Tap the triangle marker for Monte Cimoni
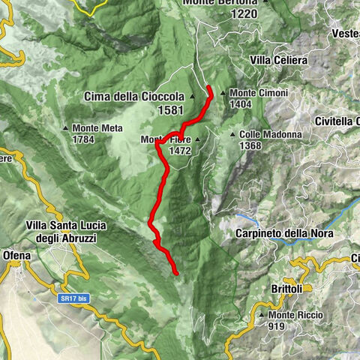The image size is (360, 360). point(224,93)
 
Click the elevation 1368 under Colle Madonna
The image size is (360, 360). point(251,145)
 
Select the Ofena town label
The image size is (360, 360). point(15,256)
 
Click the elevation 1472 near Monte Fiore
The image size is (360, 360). point(180,151)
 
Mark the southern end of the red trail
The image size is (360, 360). point(176,274)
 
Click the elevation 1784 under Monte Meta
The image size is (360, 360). point(85,139)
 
